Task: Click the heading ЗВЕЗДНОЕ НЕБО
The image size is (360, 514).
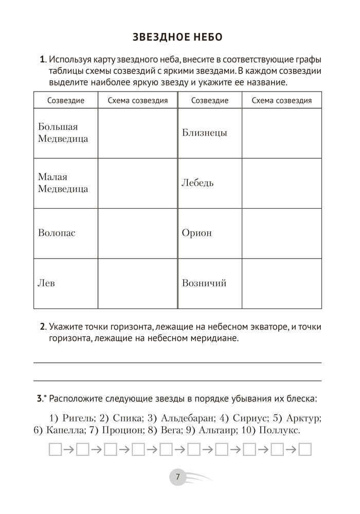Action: tap(177, 37)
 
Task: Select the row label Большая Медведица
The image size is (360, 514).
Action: tap(63, 133)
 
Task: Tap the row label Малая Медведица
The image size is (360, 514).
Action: tap(63, 183)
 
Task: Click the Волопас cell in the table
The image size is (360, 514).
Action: tap(57, 233)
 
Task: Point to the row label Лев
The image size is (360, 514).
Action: tap(46, 283)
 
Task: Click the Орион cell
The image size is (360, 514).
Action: tap(196, 233)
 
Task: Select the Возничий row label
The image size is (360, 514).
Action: tap(204, 283)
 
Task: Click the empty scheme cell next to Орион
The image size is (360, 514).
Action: tap(281, 233)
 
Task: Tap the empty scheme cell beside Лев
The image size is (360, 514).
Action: tap(137, 283)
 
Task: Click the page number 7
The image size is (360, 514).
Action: tap(177, 477)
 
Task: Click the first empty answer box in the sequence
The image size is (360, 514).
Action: tap(55, 450)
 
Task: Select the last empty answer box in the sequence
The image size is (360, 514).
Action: tap(305, 450)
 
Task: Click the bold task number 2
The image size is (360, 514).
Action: tap(43, 327)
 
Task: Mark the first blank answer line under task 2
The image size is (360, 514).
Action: tap(177, 362)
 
